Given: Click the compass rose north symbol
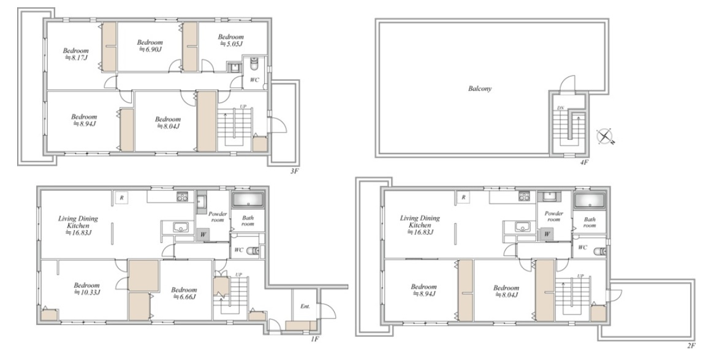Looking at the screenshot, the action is click(605, 136).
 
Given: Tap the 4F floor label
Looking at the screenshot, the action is click(584, 162).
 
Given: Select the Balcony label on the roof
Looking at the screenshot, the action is click(480, 89).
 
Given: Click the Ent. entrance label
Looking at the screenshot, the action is click(305, 306).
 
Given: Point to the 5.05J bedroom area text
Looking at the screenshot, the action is click(231, 44).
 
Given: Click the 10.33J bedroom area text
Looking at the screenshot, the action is click(87, 293).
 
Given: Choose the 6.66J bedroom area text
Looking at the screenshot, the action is click(184, 297).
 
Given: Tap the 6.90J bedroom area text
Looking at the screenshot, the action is click(150, 49).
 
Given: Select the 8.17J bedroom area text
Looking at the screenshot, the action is click(76, 58).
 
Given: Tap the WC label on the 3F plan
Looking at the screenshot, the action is click(254, 80).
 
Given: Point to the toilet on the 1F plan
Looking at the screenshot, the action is click(253, 251).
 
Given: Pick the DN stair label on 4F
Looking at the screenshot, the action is click(561, 108).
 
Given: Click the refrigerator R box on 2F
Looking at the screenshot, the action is click(463, 197).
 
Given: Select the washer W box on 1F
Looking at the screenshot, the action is click(203, 235).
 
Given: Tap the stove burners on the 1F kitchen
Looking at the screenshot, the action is click(183, 197).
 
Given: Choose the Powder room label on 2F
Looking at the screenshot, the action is click(553, 216).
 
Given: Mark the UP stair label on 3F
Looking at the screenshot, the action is click(243, 107).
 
